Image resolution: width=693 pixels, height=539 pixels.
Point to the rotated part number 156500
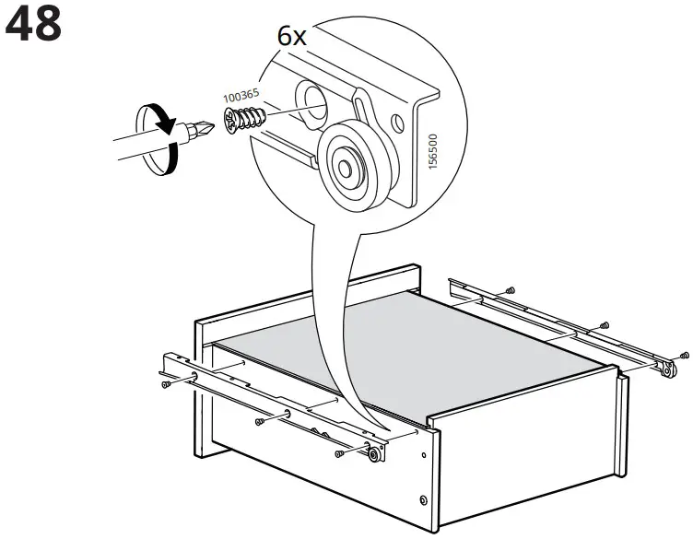point(433,147)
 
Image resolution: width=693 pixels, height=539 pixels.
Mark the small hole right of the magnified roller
point(397,122)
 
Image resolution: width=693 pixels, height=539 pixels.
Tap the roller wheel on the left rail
point(374,451)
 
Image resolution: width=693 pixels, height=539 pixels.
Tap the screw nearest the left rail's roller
point(341,453)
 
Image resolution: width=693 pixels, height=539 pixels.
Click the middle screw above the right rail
point(604,324)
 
